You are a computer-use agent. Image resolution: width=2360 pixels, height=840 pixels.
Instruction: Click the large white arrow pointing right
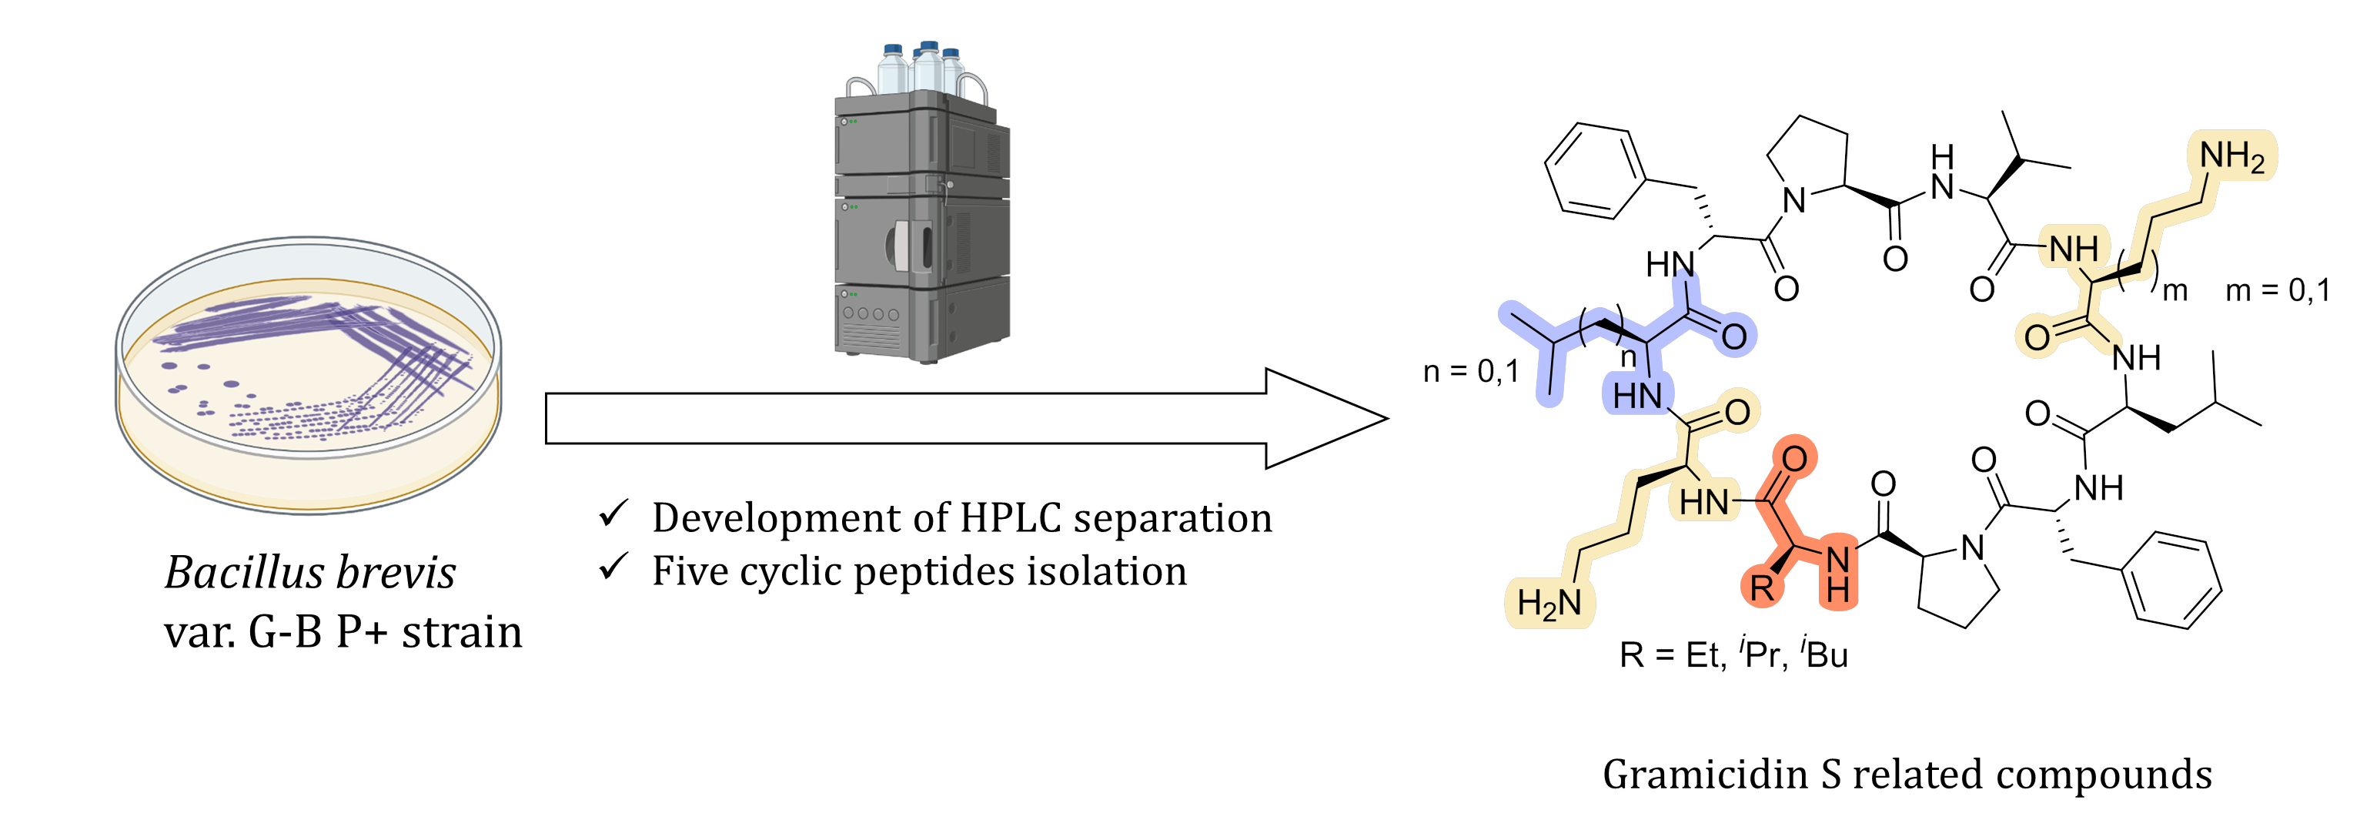coord(962,419)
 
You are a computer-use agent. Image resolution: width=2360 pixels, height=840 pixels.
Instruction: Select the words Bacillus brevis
coord(309,573)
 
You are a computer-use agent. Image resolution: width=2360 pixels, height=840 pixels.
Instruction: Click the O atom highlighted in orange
coord(1793,458)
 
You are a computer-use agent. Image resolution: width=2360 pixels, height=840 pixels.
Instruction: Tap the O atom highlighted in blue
coord(1733,336)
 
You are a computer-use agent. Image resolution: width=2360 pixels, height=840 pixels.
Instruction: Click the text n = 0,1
coord(1470,371)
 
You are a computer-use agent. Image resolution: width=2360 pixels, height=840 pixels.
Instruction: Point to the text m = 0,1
coord(2278,291)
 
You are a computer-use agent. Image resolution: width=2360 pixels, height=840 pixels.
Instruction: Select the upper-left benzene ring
coord(1595,170)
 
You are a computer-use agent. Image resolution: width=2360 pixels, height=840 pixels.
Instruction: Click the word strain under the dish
coord(462,632)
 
